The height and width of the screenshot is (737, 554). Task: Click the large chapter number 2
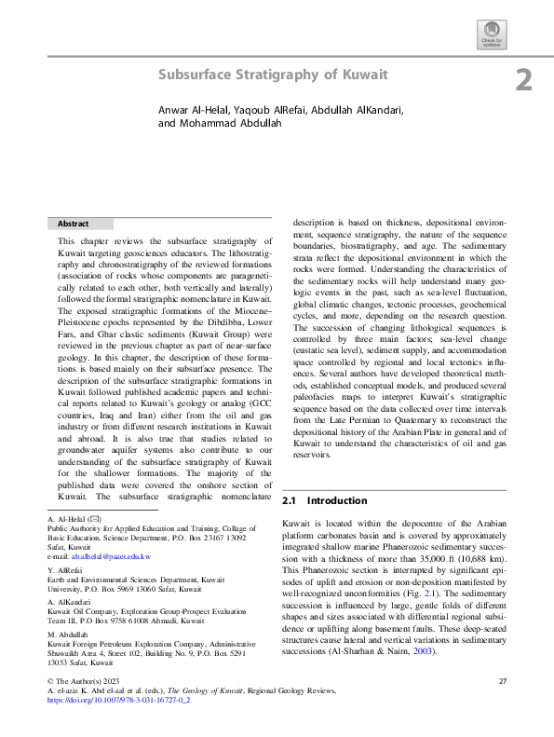click(523, 81)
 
